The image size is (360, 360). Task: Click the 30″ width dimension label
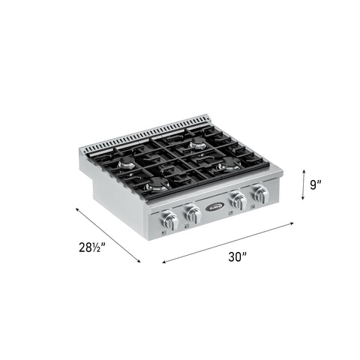pos(238,256)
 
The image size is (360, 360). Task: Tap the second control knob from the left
pos(193,214)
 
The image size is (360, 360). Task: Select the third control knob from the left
pos(239,202)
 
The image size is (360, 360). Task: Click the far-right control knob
pos(261,196)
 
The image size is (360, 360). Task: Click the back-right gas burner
pos(197,144)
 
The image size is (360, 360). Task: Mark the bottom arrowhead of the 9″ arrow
pos(302,199)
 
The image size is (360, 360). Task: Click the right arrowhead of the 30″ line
pos(292,223)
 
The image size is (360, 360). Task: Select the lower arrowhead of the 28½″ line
pos(139,262)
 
